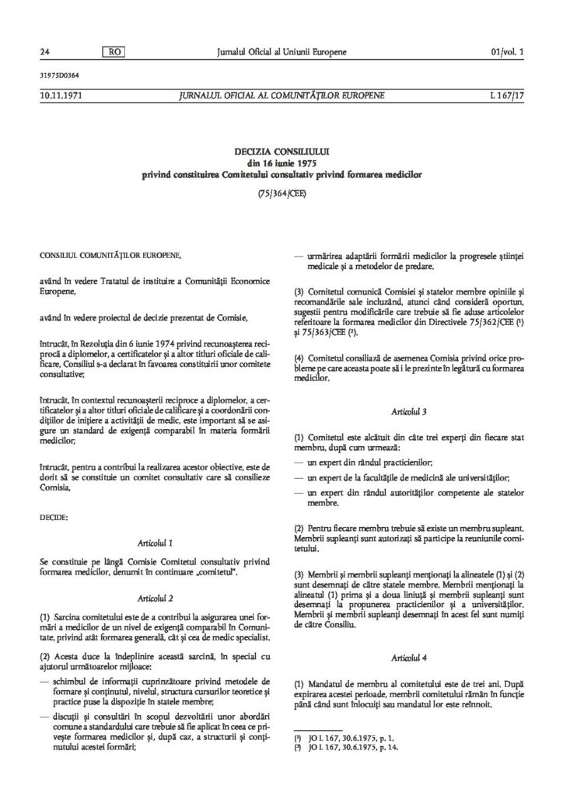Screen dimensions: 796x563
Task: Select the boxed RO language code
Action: (x=112, y=51)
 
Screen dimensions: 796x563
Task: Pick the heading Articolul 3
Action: (x=408, y=408)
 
